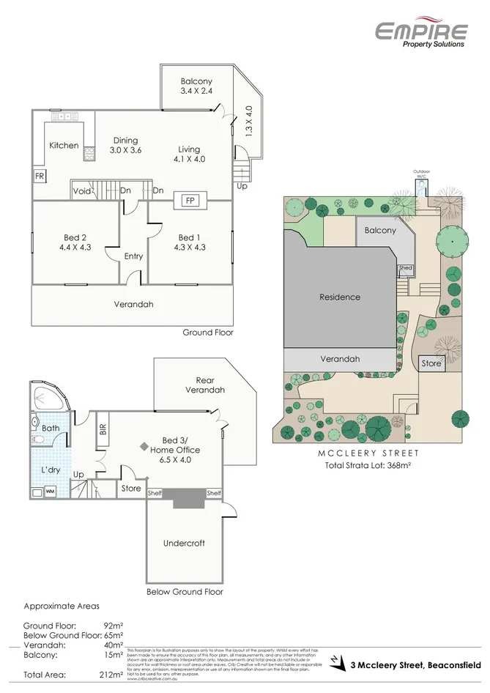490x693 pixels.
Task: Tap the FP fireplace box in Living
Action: point(189,200)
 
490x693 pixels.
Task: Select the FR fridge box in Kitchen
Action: point(38,177)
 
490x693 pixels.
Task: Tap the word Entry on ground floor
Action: point(133,256)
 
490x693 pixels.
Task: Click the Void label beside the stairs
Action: point(81,191)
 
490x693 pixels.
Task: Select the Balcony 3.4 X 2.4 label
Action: point(196,86)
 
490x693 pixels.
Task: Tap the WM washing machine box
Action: point(50,492)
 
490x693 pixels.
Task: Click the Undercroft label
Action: point(183,544)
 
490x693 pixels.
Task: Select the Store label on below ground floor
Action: point(130,489)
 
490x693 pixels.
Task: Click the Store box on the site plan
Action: point(431,363)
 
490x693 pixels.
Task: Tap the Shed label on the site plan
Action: point(405,269)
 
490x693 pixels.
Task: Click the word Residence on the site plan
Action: point(339,297)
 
